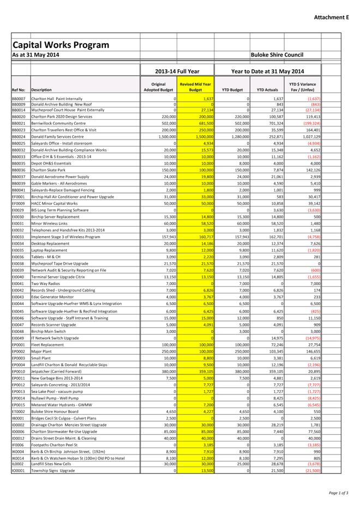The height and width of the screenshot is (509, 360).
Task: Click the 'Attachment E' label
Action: point(331,17)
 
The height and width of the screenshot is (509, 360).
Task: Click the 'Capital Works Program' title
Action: point(61,45)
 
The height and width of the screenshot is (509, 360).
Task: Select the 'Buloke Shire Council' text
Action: point(277,55)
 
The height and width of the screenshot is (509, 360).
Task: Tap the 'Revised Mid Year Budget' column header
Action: point(195,87)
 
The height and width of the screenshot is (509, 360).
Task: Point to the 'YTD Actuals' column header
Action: point(267,90)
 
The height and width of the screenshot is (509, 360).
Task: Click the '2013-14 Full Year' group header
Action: point(177,71)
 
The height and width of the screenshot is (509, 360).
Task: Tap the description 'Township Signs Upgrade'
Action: point(53,470)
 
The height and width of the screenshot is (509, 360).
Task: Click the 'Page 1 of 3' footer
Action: point(339,493)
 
